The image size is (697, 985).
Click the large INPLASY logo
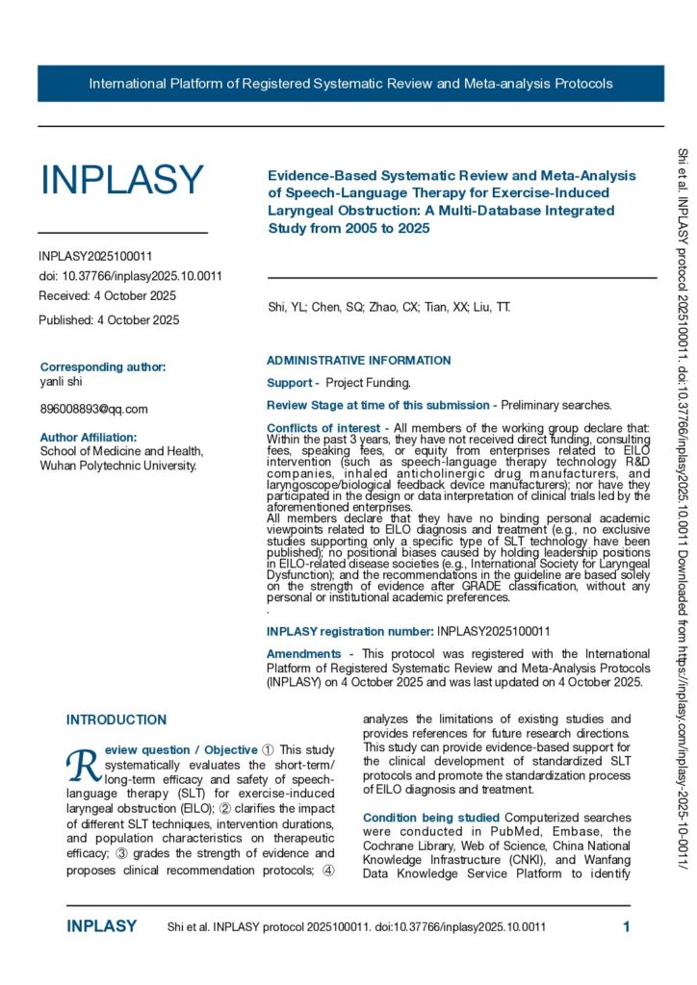point(121,181)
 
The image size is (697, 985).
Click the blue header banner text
point(350,84)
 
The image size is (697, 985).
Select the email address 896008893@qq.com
point(93,409)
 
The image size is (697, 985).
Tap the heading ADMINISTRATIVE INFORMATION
point(358,361)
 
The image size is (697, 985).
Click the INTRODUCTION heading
point(116,693)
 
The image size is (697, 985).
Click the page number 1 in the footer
point(626,926)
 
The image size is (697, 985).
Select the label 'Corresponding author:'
point(103,366)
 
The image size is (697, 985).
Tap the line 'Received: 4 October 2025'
point(107,295)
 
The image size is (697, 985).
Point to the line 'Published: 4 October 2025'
point(109,320)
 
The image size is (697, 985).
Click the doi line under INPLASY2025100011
point(131,276)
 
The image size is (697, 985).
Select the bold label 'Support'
point(290,383)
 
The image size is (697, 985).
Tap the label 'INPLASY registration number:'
point(349,604)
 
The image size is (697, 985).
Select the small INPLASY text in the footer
point(101,926)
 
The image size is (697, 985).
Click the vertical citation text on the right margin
point(684,500)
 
